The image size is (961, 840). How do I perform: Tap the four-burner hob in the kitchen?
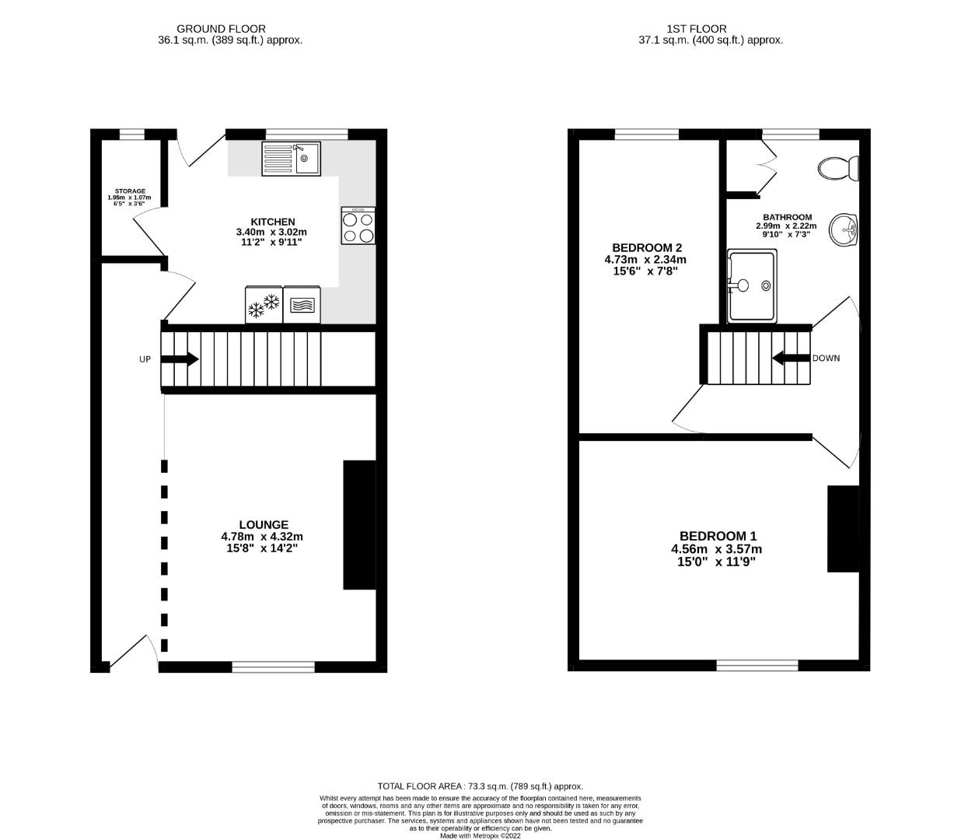tap(358, 226)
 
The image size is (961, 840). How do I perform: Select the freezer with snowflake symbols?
tap(264, 305)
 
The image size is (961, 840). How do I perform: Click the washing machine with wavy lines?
tap(302, 305)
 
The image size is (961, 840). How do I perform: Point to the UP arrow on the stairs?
tap(180, 359)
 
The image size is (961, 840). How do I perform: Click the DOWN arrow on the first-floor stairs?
tap(791, 358)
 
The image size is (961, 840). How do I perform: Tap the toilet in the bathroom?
tap(839, 168)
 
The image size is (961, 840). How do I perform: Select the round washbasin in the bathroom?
tap(844, 230)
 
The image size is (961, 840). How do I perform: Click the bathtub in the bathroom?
tap(751, 286)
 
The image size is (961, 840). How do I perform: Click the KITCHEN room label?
tap(272, 222)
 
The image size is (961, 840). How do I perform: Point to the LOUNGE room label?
tap(264, 524)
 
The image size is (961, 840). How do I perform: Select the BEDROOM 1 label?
tap(718, 536)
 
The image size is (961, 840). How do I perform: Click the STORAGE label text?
tap(130, 191)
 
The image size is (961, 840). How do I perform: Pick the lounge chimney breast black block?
tap(359, 525)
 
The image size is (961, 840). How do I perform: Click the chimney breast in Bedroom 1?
tap(843, 529)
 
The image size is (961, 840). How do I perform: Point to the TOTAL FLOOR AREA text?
tap(480, 786)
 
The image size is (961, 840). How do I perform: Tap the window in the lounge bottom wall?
tap(273, 667)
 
